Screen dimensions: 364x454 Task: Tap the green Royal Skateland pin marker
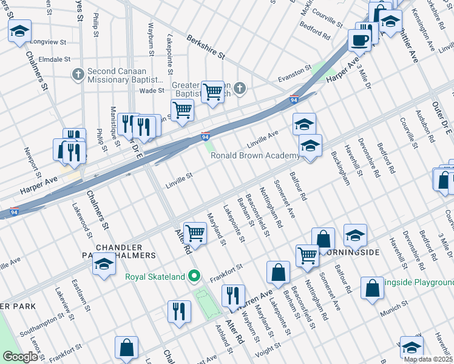(194, 277)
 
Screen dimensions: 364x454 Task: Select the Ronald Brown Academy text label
(255, 155)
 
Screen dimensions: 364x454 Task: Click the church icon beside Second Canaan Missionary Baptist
(78, 75)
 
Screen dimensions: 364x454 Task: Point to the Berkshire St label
(206, 45)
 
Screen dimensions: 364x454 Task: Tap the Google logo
(21, 356)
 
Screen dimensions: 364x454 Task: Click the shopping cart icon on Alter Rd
(195, 232)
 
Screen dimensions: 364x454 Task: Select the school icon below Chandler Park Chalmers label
(104, 265)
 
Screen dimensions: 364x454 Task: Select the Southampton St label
(42, 317)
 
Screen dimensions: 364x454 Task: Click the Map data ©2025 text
(427, 359)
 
